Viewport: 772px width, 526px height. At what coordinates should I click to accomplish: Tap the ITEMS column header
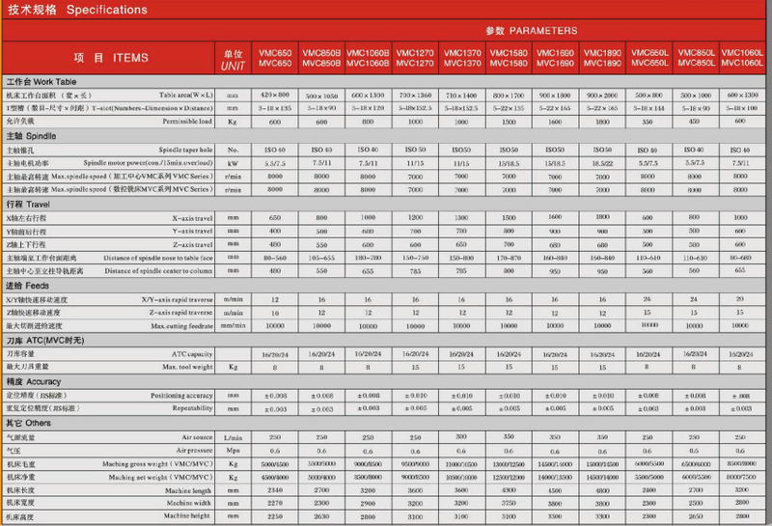click(124, 58)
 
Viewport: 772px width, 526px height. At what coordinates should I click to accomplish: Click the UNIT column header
click(233, 58)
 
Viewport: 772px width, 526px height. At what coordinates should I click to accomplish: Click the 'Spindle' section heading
click(39, 137)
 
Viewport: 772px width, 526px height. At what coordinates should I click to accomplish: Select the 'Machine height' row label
click(188, 516)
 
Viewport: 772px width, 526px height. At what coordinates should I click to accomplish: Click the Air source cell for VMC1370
click(461, 437)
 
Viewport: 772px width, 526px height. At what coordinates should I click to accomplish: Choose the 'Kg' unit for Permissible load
click(233, 123)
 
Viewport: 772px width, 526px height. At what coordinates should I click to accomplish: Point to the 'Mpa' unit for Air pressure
click(233, 451)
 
